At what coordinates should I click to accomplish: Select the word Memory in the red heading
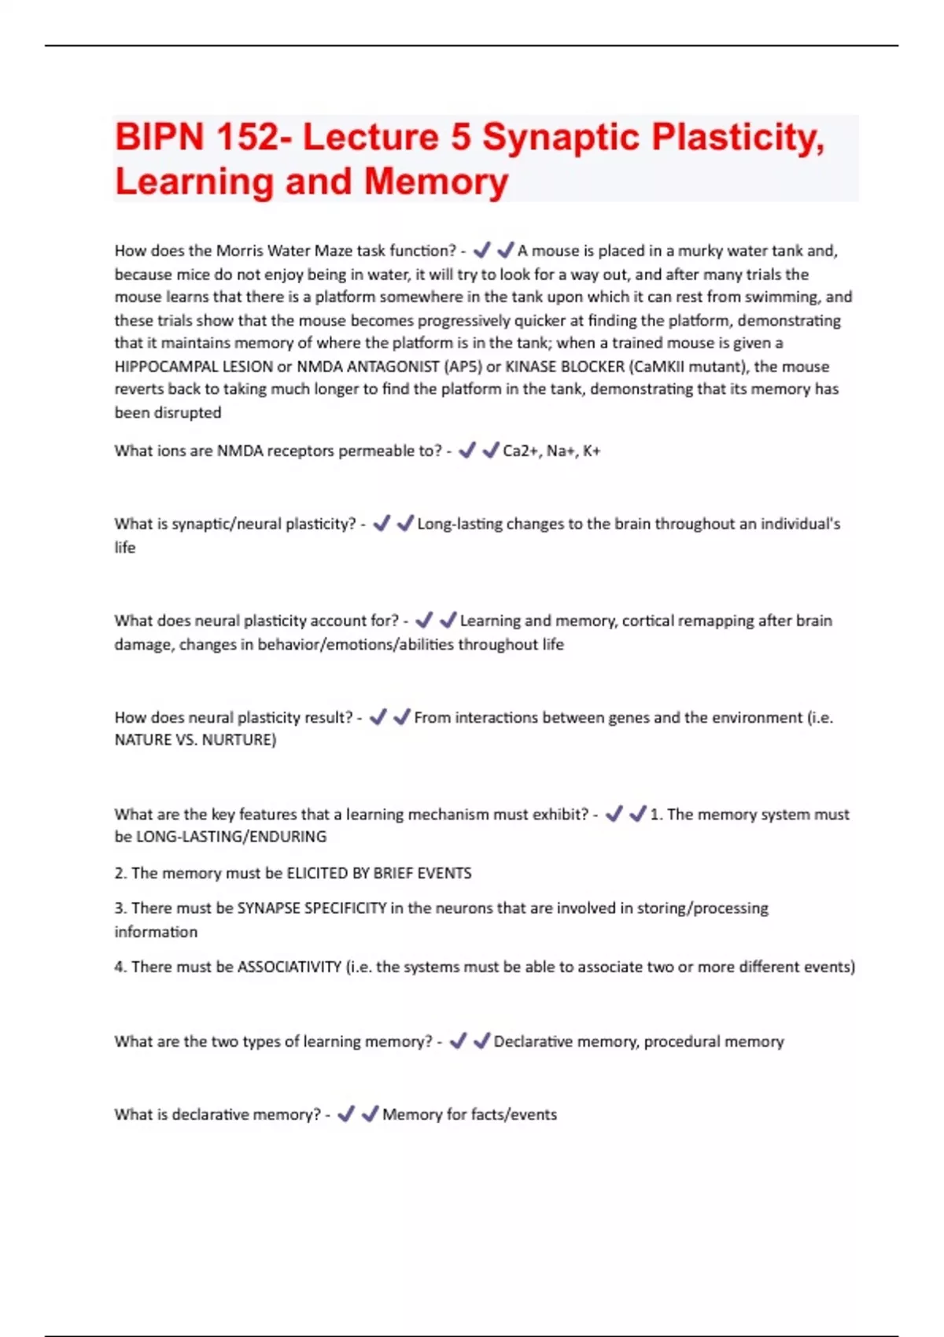[436, 182]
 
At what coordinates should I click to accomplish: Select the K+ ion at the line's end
[592, 451]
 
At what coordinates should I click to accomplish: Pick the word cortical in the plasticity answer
[651, 621]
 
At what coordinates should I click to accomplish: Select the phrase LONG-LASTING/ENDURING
[231, 837]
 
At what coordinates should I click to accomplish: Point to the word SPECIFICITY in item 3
[345, 908]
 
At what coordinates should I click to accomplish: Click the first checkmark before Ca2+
[467, 450]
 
